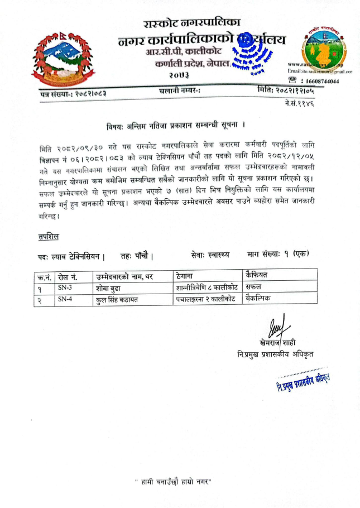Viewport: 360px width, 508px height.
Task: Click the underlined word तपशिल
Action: pyautogui.click(x=46, y=237)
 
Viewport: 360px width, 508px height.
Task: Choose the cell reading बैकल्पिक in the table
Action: pyautogui.click(x=261, y=298)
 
